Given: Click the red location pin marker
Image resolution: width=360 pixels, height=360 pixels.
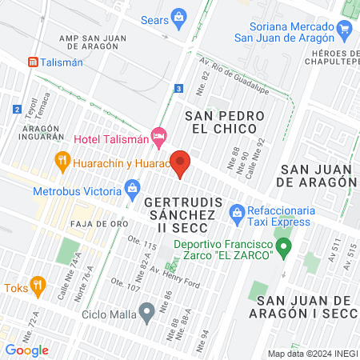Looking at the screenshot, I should [180, 164].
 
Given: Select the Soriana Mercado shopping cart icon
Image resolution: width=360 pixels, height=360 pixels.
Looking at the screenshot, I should [345, 32].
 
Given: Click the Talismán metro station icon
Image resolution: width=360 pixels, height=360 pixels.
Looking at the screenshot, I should [33, 62].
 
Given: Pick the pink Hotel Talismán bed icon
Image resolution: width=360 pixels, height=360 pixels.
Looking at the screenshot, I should [159, 138].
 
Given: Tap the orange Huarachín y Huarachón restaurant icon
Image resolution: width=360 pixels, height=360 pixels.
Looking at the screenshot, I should [62, 161].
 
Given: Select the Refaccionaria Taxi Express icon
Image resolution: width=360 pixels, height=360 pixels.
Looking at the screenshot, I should [237, 212].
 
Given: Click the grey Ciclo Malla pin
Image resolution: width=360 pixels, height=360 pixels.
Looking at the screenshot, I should [146, 310].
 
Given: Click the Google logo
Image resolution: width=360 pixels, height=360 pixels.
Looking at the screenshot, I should [27, 350].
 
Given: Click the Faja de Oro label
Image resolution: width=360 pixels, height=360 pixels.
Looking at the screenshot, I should [94, 223].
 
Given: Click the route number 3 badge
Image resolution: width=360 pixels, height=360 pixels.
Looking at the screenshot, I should [179, 88].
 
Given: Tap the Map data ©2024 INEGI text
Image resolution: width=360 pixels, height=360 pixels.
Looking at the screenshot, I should [311, 353].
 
